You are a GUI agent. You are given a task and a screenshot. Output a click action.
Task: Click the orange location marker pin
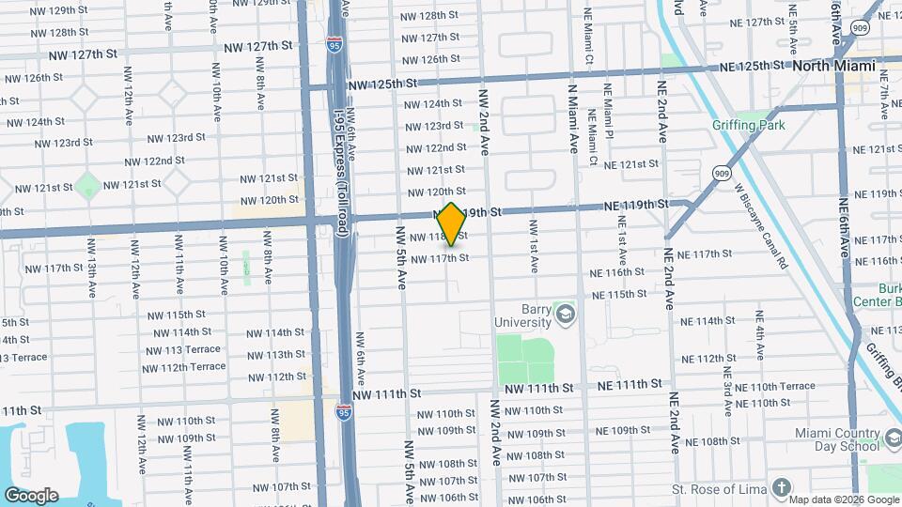(x=452, y=224)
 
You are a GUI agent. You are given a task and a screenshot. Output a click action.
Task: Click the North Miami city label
(x=833, y=66)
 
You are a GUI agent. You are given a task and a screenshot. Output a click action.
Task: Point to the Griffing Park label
(x=760, y=125)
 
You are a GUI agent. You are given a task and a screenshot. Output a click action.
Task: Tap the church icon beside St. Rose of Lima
(x=782, y=487)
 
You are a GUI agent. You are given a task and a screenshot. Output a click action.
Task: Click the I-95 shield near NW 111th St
(x=345, y=410)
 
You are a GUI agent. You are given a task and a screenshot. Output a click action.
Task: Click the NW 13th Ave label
(x=92, y=267)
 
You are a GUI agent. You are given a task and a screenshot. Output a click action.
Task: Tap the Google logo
(x=31, y=495)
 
